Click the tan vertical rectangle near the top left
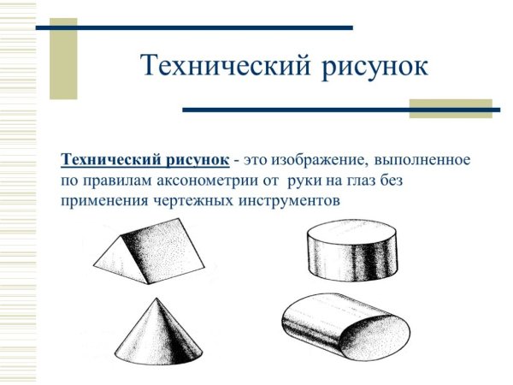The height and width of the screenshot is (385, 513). pyautogui.click(x=62, y=55)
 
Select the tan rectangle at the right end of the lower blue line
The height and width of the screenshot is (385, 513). pyautogui.click(x=451, y=109)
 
